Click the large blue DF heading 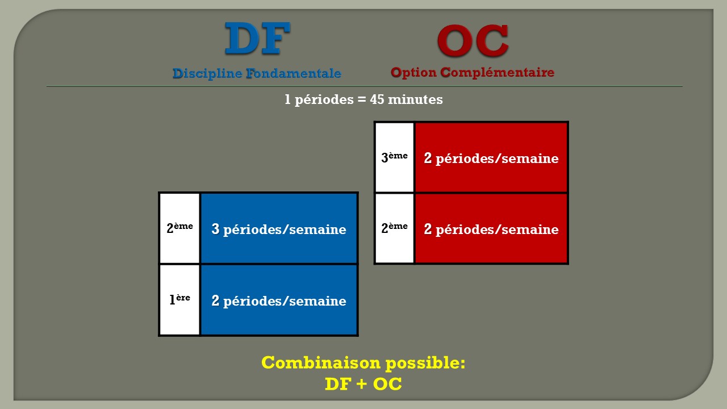257,38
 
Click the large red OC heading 473,40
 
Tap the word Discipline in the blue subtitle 207,73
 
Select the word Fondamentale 294,73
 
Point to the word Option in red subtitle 413,72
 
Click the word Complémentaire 497,72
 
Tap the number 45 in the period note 377,99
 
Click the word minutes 415,99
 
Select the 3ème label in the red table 394,157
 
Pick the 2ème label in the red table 394,228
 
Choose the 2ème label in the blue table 179,228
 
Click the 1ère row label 179,299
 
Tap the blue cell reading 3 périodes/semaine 279,228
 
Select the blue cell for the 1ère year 279,300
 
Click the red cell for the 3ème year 491,157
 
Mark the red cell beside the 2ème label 491,228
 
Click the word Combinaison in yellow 321,362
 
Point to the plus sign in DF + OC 362,384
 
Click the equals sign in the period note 362,99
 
